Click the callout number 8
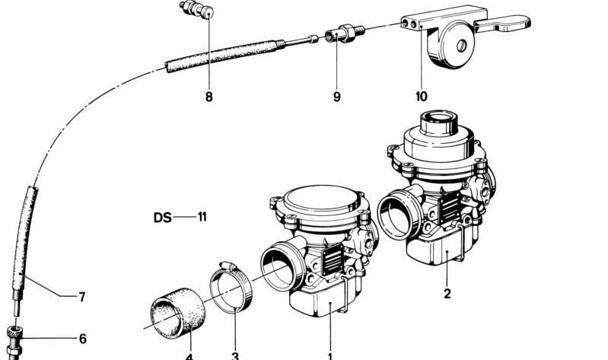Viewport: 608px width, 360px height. coord(209,97)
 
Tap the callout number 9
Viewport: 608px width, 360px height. coord(336,97)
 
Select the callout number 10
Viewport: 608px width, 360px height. coord(422,97)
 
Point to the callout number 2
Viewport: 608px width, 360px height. coord(447,293)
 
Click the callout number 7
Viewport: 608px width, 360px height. coord(82,297)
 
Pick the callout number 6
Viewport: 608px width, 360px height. coord(82,339)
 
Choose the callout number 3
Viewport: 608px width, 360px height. coord(235,355)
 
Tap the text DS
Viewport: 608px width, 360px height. coord(162,218)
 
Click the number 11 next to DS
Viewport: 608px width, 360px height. coord(202,218)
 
